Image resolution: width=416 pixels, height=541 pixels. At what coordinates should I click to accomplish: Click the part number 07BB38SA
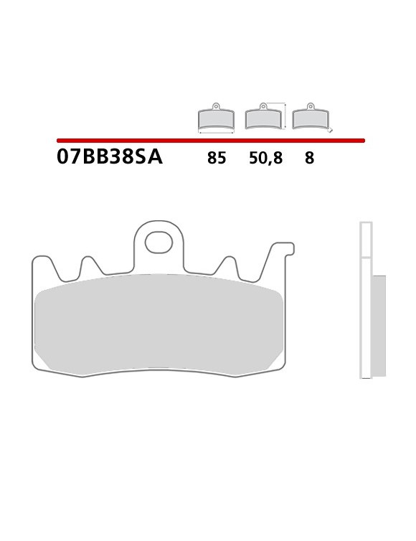pyautogui.click(x=109, y=157)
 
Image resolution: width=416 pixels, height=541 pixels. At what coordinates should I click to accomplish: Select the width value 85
pyautogui.click(x=217, y=158)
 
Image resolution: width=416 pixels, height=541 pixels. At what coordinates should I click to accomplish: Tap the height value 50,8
pyautogui.click(x=265, y=158)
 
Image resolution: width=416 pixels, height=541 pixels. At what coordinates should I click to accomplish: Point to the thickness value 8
pyautogui.click(x=309, y=158)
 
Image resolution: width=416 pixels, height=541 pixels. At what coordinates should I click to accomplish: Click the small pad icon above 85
pyautogui.click(x=216, y=118)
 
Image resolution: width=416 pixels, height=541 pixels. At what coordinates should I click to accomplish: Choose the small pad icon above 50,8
pyautogui.click(x=263, y=118)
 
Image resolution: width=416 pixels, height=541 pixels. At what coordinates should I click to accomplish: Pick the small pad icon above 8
pyautogui.click(x=311, y=118)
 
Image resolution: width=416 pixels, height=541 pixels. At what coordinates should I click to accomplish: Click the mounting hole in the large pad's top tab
pyautogui.click(x=159, y=242)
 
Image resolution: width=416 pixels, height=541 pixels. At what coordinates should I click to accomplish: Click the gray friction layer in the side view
pyautogui.click(x=379, y=325)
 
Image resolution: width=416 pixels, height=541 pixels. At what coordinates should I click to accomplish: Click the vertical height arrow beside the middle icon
pyautogui.click(x=286, y=116)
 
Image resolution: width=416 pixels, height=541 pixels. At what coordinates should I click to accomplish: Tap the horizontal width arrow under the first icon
pyautogui.click(x=216, y=133)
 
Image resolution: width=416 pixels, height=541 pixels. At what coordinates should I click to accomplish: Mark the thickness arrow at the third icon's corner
pyautogui.click(x=329, y=131)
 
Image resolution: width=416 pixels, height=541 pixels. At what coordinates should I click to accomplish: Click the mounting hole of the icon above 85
pyautogui.click(x=216, y=107)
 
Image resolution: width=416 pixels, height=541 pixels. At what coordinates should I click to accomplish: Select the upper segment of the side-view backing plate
pyautogui.click(x=366, y=240)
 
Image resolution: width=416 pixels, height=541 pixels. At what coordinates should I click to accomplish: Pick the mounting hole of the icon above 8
pyautogui.click(x=311, y=107)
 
